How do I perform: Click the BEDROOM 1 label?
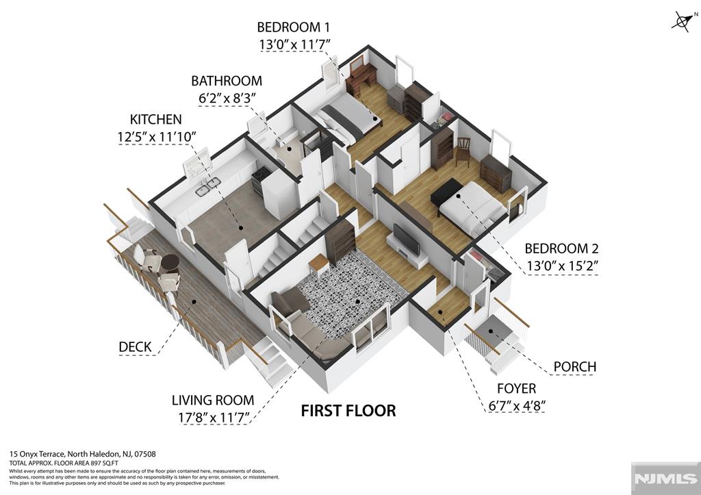pyautogui.click(x=293, y=28)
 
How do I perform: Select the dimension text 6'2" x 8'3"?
pyautogui.click(x=227, y=99)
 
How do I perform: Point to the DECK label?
pyautogui.click(x=135, y=347)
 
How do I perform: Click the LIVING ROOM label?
pyautogui.click(x=212, y=400)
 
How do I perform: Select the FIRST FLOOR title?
pyautogui.click(x=348, y=411)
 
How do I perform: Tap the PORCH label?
pyautogui.click(x=575, y=367)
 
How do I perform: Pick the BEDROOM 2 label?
pyautogui.click(x=557, y=249)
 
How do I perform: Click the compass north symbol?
pyautogui.click(x=682, y=22)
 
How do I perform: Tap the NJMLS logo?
pyautogui.click(x=663, y=478)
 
